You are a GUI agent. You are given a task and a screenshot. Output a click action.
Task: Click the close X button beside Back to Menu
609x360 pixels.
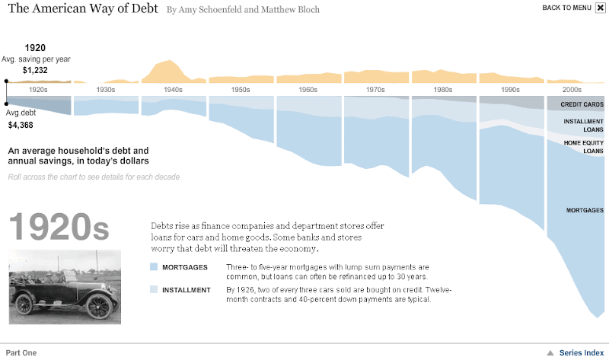pyautogui.click(x=600, y=8)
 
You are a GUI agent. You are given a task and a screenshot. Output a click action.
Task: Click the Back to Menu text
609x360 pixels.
pyautogui.click(x=566, y=8)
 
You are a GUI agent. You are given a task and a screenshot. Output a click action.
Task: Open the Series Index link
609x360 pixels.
pyautogui.click(x=582, y=352)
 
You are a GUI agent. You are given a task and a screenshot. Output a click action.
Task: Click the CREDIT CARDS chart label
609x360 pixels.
pyautogui.click(x=582, y=104)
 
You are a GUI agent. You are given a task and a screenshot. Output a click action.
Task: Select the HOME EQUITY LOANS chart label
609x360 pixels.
pyautogui.click(x=583, y=147)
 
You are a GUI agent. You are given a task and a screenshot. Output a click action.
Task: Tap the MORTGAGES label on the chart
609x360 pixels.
pyautogui.click(x=585, y=210)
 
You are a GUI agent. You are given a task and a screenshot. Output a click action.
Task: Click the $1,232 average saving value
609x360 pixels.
pyautogui.click(x=35, y=70)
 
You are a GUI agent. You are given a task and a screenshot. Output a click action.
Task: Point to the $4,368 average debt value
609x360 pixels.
pyautogui.click(x=21, y=125)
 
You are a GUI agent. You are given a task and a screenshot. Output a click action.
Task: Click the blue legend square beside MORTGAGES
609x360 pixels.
pyautogui.click(x=154, y=267)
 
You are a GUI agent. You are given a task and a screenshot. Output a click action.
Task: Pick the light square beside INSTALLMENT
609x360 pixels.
pyautogui.click(x=154, y=290)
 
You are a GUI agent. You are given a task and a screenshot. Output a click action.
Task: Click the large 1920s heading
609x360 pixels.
pyautogui.click(x=59, y=227)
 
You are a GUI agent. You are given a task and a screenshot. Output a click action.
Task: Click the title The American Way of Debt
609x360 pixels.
pyautogui.click(x=84, y=9)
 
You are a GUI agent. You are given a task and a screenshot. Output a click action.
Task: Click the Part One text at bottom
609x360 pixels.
pyautogui.click(x=21, y=352)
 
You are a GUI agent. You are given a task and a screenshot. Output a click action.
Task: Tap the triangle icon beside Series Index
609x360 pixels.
pyautogui.click(x=550, y=352)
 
